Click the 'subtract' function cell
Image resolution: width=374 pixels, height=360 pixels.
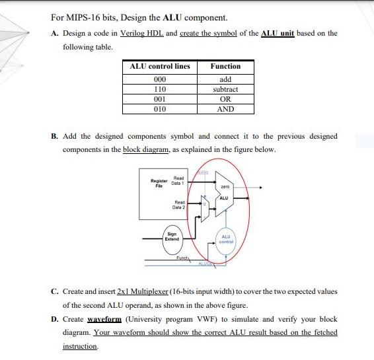pos(225,89)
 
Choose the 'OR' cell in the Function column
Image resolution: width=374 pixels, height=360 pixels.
pos(225,98)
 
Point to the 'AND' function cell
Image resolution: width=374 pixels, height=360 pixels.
pos(225,108)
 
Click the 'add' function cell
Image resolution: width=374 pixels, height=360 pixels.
pos(225,79)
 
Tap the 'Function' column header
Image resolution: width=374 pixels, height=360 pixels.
pos(225,67)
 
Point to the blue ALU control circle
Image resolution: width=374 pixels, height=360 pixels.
pos(225,240)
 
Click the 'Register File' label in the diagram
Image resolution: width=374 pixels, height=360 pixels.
pos(159,182)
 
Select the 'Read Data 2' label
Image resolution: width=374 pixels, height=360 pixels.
pos(178,205)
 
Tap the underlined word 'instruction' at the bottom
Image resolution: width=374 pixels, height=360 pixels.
pos(81,346)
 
